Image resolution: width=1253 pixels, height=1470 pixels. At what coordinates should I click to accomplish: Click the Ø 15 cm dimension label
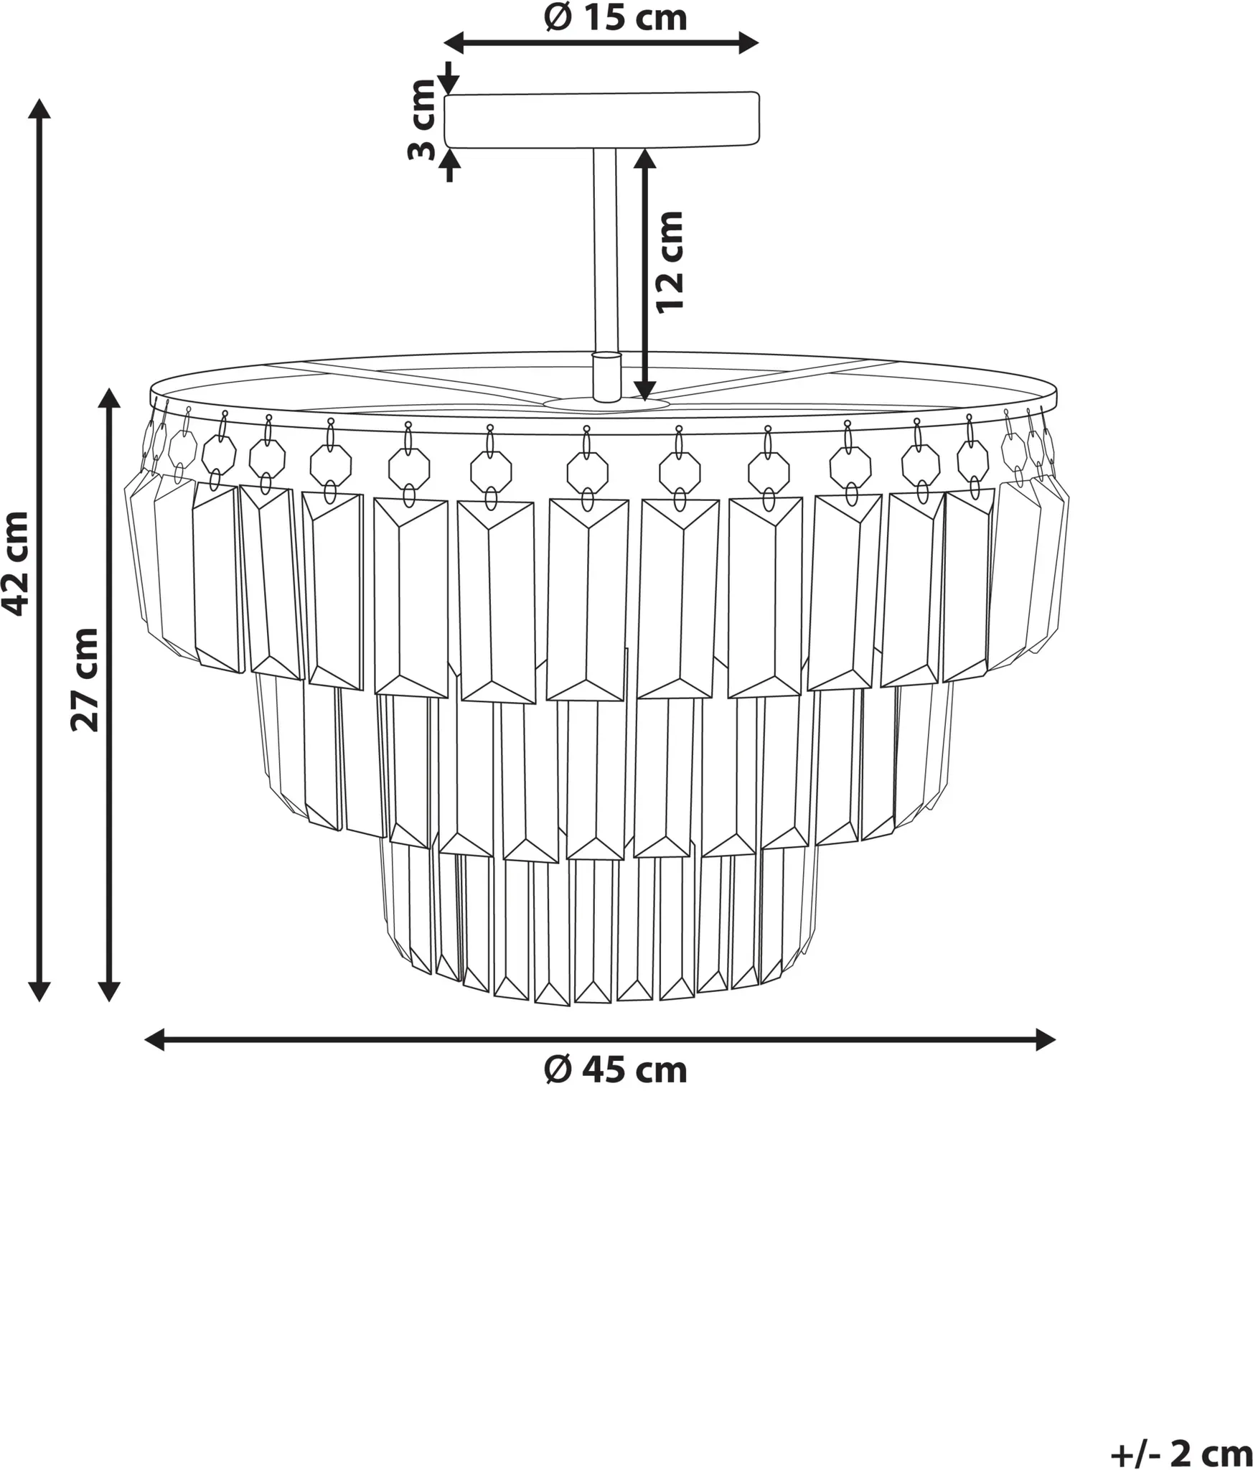615,17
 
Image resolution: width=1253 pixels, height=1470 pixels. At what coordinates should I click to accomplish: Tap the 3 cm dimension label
422,120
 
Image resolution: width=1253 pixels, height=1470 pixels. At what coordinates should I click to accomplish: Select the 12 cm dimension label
670,261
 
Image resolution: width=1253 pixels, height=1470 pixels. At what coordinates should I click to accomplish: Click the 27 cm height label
85,679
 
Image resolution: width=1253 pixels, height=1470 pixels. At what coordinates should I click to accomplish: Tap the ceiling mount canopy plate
601,120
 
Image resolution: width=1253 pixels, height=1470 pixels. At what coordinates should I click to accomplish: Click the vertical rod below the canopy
604,251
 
